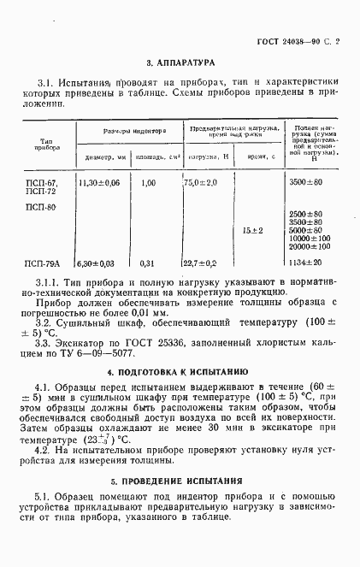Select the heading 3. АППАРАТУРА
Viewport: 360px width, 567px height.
[x=180, y=62]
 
